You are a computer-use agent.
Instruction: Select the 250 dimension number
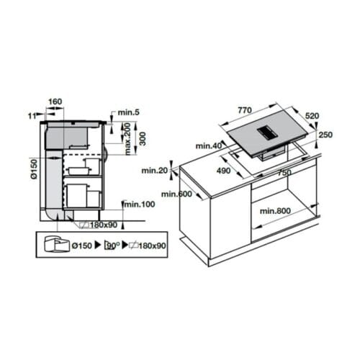click(325, 135)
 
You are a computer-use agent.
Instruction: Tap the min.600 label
click(176, 194)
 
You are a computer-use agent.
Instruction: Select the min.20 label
click(154, 171)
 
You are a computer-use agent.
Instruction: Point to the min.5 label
click(127, 112)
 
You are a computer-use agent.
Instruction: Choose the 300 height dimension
click(143, 138)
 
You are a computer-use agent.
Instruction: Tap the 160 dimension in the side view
click(55, 102)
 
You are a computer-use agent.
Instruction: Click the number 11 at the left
click(31, 114)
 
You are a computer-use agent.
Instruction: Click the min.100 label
click(139, 205)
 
